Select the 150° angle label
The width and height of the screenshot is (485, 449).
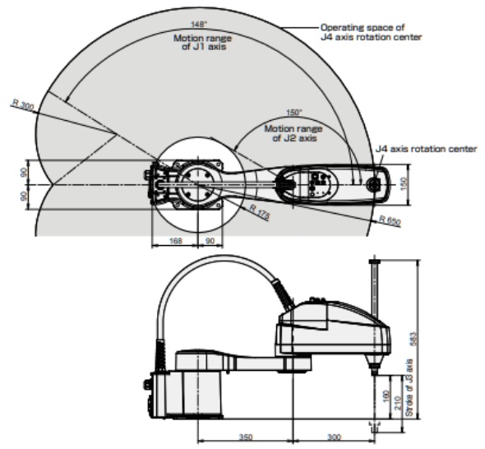tap(293, 113)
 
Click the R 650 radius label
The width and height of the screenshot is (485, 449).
tap(389, 220)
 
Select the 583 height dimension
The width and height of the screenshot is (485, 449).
tap(414, 339)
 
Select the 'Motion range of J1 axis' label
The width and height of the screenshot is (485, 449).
tap(202, 42)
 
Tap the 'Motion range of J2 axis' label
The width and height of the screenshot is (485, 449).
tap(293, 132)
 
